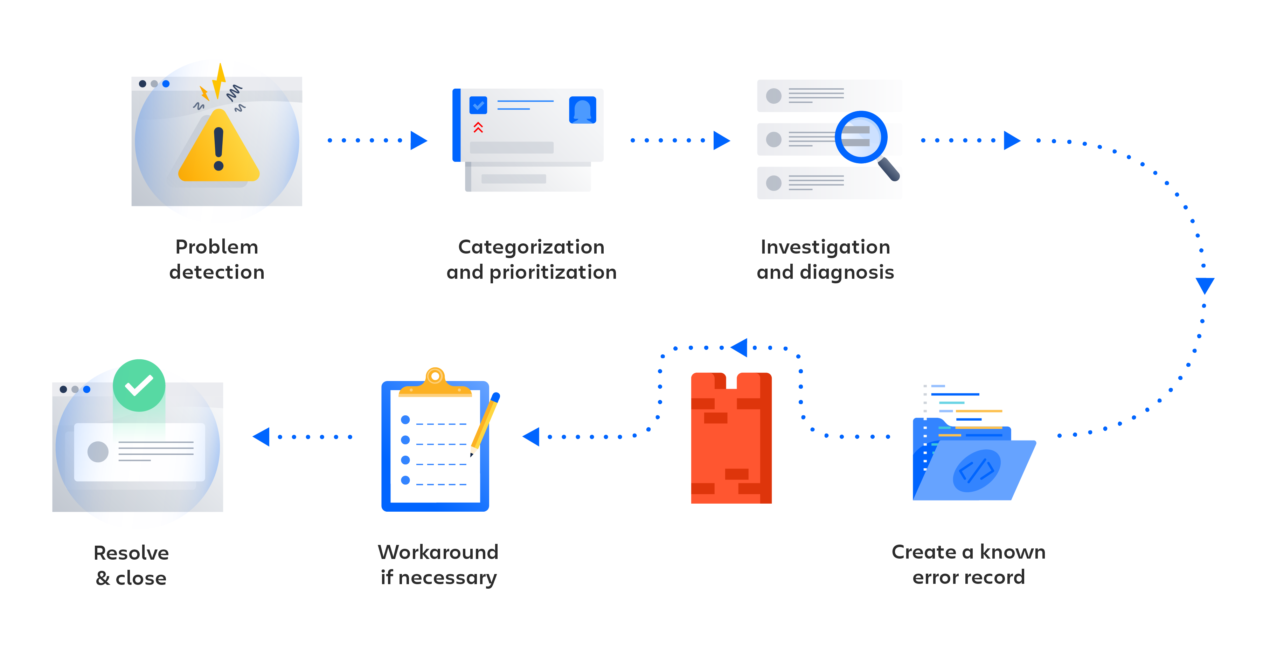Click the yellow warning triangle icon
(219, 150)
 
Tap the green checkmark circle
(139, 385)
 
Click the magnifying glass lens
(861, 137)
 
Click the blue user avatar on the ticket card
(582, 110)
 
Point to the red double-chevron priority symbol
(478, 127)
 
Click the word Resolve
(131, 553)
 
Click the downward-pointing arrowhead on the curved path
(1205, 285)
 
